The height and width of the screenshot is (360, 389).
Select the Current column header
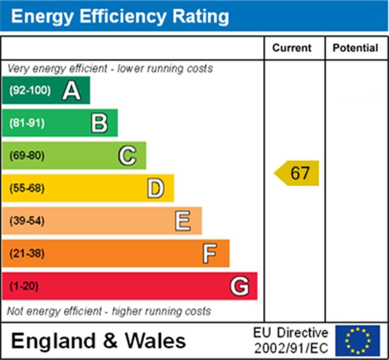(292, 48)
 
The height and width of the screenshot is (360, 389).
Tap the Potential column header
(355, 48)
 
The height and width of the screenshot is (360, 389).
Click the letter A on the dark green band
(71, 90)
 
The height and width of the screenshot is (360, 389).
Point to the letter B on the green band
(99, 123)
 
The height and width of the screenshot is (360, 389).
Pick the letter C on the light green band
(127, 156)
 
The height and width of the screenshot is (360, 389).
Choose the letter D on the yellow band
(156, 188)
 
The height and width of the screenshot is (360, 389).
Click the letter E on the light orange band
(183, 221)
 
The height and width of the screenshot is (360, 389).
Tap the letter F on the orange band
(210, 253)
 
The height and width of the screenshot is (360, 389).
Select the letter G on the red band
(239, 286)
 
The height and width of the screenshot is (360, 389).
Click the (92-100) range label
(30, 90)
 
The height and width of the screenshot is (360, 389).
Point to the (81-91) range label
(27, 123)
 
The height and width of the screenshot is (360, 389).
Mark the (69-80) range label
(27, 156)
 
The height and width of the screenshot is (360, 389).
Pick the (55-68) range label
(27, 188)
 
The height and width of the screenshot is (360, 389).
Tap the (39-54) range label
(27, 221)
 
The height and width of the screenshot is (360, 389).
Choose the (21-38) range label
(27, 253)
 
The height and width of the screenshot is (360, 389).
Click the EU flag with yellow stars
(357, 341)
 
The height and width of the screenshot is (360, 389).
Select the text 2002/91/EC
(291, 348)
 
